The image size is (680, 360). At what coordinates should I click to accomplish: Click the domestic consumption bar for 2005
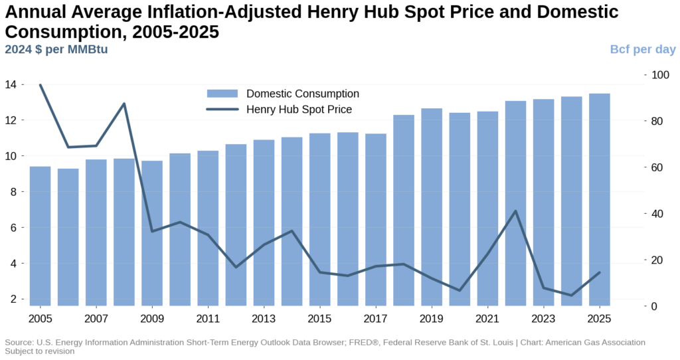tap(41, 236)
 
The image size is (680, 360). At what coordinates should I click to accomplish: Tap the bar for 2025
tap(600, 199)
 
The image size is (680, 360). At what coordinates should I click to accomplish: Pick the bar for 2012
tap(236, 225)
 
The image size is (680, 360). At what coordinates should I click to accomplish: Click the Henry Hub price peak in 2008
tap(124, 104)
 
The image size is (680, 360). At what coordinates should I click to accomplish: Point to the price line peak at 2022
tap(516, 211)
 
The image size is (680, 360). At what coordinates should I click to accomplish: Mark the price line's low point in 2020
tap(460, 290)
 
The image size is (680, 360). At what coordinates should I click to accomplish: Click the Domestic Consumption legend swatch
tap(222, 94)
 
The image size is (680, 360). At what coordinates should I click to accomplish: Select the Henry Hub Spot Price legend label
tap(299, 110)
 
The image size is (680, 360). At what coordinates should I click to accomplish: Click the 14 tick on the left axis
tap(11, 85)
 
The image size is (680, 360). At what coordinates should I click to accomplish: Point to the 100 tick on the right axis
tap(659, 74)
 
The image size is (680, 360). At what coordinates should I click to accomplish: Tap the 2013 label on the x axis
tap(264, 317)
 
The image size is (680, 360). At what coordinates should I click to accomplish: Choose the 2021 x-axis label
tap(487, 317)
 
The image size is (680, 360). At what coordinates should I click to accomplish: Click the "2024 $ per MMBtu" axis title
tap(56, 49)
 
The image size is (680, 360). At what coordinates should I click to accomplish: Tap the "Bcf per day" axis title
tap(643, 49)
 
